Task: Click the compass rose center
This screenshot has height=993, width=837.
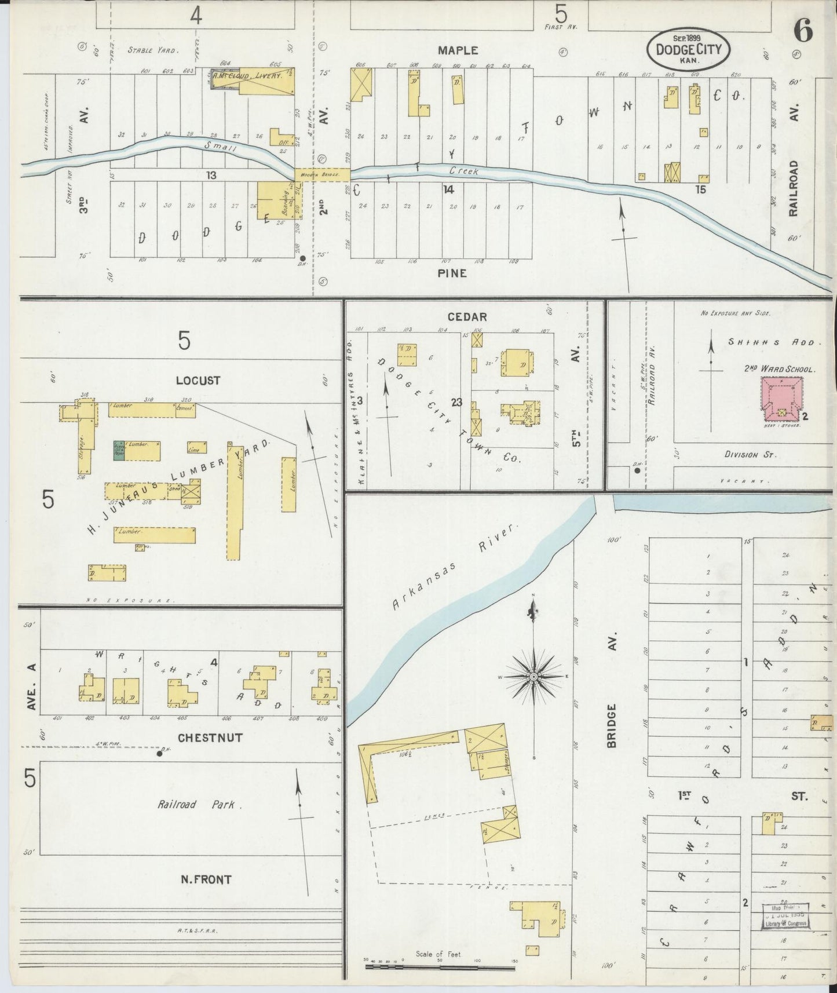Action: (533, 677)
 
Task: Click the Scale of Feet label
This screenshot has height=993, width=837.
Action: (438, 954)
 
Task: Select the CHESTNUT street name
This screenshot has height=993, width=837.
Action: (210, 738)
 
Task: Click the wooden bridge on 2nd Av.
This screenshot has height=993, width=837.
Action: (321, 174)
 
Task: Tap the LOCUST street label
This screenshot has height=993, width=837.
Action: (198, 381)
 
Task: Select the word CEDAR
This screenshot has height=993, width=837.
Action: (467, 317)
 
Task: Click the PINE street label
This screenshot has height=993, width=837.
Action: (452, 272)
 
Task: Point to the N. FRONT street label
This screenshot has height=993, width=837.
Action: (206, 879)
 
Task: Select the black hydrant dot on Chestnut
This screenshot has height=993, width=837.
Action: (160, 753)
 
